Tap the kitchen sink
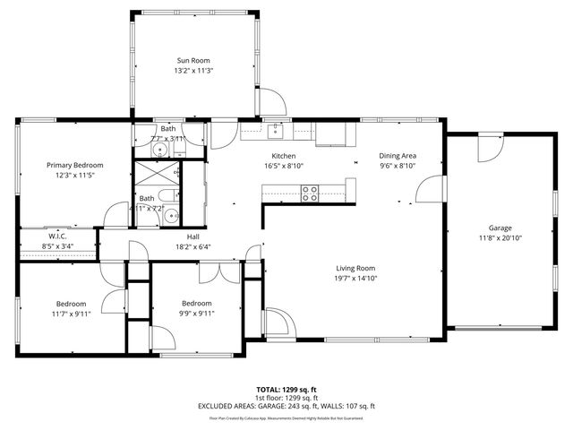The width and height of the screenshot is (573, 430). [276, 133]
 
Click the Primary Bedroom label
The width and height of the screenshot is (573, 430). [75, 165]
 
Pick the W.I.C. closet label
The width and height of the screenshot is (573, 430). [57, 236]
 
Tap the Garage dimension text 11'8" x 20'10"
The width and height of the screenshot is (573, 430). [500, 237]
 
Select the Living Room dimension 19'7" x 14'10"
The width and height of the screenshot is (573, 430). [355, 279]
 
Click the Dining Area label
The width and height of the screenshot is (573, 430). [398, 155]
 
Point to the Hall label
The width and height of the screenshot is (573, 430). [192, 236]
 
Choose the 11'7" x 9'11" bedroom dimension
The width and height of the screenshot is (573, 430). [71, 314]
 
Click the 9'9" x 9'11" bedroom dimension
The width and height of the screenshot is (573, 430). [196, 314]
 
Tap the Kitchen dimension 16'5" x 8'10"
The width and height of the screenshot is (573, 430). [284, 166]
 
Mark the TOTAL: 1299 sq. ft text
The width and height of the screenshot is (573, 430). [286, 390]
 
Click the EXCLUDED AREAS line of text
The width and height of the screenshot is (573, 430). [286, 406]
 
